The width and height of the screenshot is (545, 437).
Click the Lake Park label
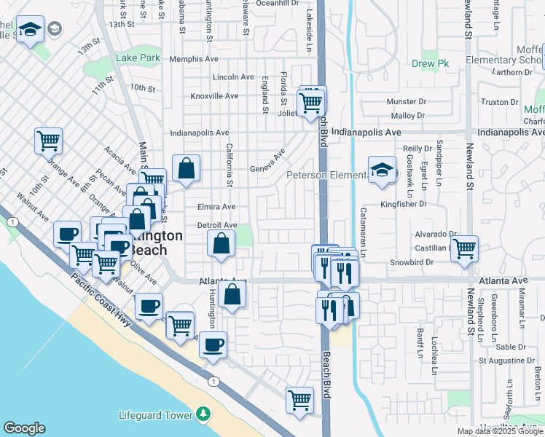138,58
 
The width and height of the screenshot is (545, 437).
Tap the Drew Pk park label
429,63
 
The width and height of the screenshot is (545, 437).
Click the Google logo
24,428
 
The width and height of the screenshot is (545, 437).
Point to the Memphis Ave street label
194,59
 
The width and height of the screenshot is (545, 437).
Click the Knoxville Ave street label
214,96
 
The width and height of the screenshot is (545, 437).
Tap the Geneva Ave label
267,159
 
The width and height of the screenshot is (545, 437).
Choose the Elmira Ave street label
216,206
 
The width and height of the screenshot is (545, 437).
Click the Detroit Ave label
217,226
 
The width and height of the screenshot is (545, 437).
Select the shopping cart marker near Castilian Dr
464,248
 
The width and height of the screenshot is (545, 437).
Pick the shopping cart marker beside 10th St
48,141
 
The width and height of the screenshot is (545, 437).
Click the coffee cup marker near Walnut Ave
68,234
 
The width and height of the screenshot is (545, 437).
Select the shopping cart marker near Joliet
311,101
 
